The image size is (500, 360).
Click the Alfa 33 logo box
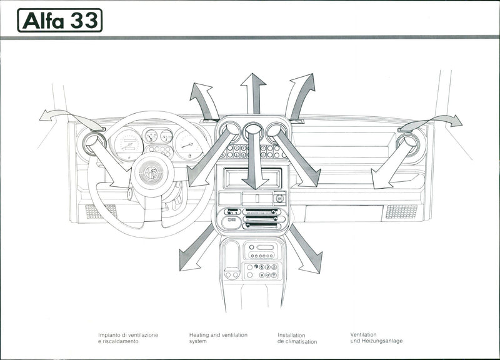(x=59, y=20)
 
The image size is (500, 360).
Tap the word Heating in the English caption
(x=199, y=335)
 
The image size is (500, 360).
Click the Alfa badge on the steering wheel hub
(x=151, y=173)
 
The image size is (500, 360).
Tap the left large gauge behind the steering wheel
(x=129, y=144)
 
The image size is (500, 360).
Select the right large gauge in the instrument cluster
(x=188, y=144)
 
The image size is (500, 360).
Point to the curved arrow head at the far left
(x=45, y=115)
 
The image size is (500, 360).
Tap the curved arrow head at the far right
(x=456, y=121)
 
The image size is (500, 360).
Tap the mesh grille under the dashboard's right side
(x=401, y=211)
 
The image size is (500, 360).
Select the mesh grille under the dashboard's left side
(x=101, y=211)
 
